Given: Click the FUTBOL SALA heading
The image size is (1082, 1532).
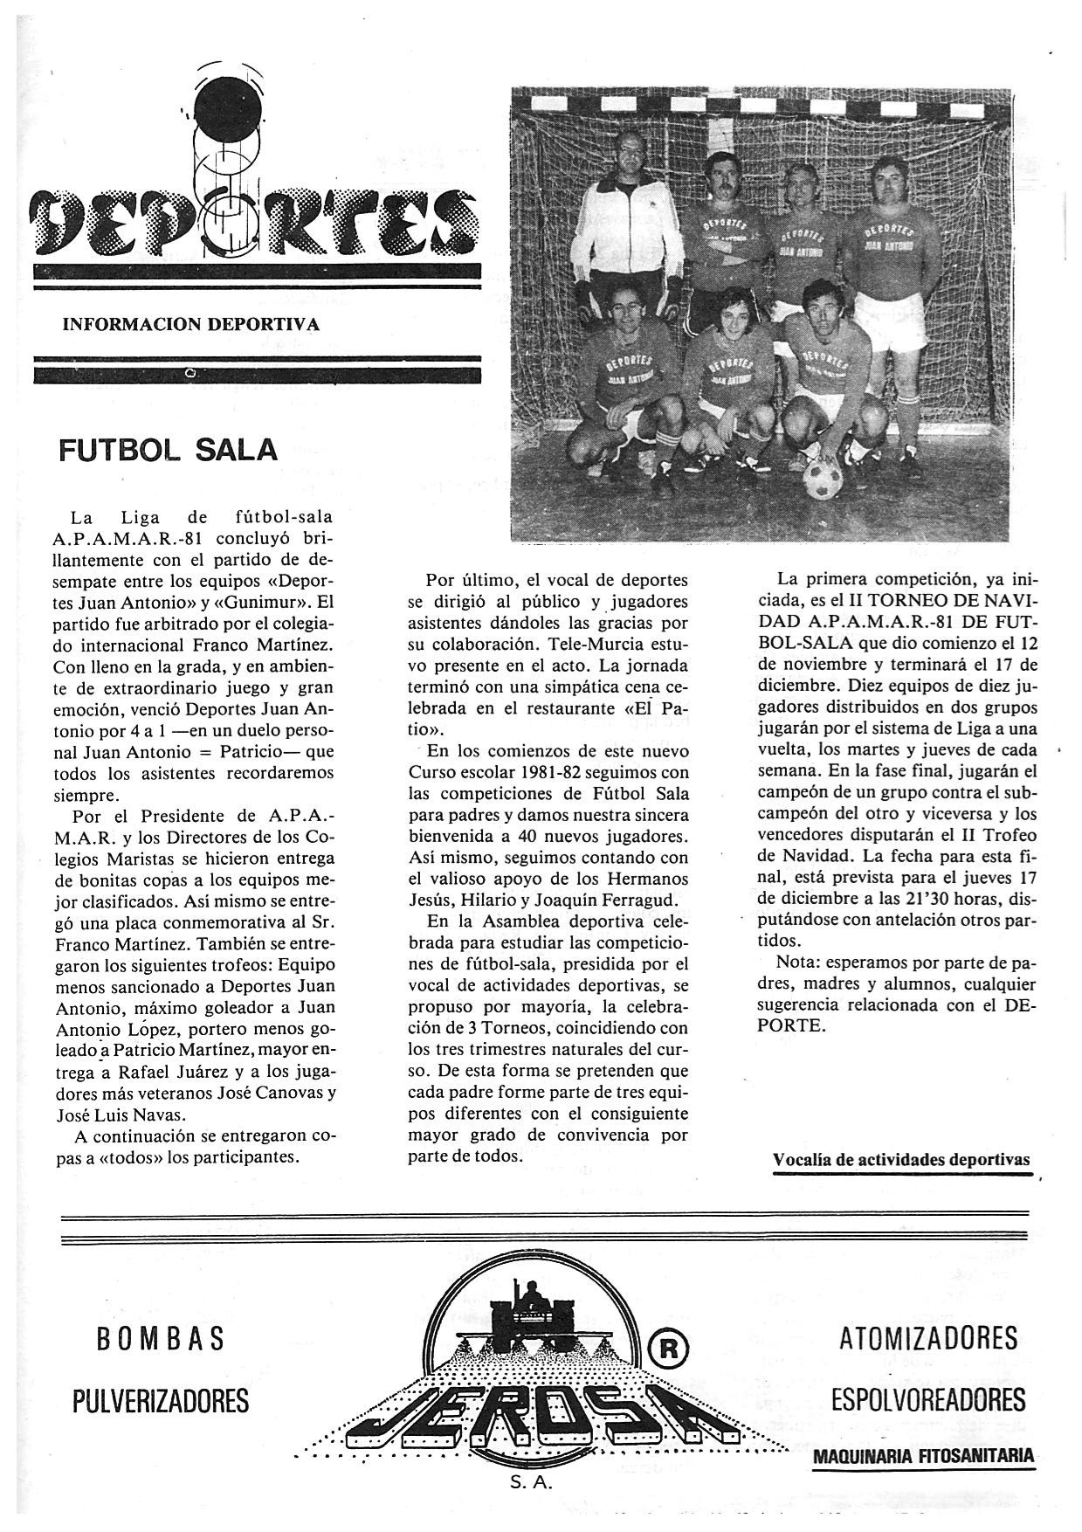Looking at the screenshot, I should click(168, 449).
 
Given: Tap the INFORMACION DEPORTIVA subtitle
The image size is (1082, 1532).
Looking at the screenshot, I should click(191, 325).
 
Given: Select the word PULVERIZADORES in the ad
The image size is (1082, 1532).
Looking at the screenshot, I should click(160, 1401).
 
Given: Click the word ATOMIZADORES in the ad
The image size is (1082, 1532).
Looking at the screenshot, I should click(928, 1338).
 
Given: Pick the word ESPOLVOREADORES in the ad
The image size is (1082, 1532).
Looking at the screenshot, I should click(928, 1401).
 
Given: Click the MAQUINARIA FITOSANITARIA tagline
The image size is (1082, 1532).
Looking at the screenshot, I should click(924, 1456).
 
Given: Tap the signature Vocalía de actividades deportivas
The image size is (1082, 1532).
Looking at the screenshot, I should click(901, 1160).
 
